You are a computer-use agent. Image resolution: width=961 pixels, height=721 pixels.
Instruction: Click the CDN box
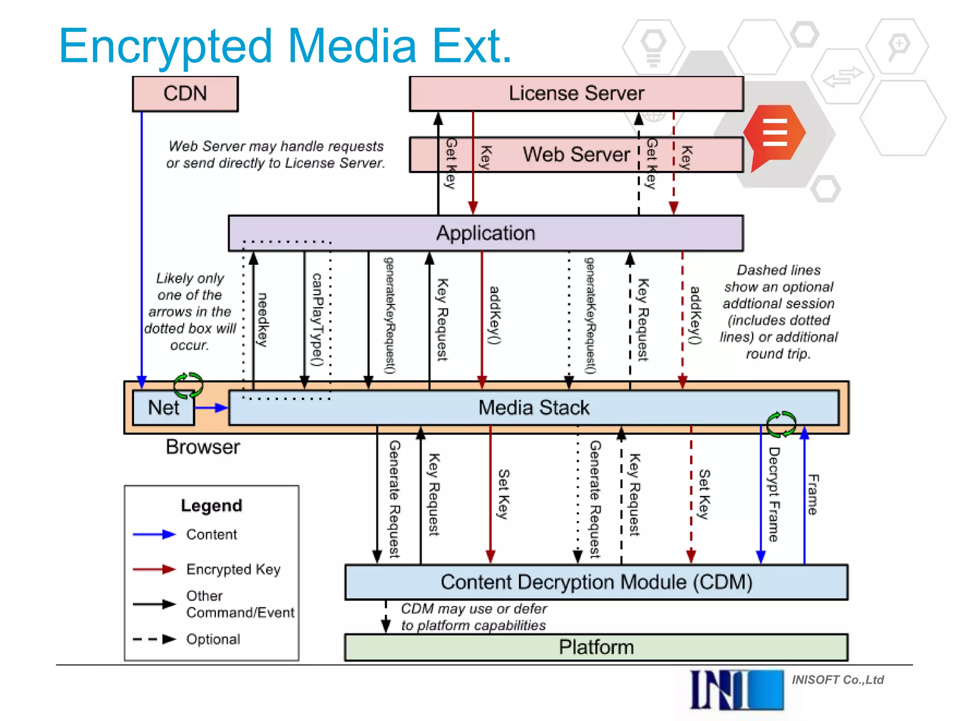pyautogui.click(x=185, y=94)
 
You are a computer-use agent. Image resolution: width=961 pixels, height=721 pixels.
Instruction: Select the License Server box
pyautogui.click(x=576, y=93)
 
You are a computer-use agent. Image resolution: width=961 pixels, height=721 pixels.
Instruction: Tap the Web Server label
pyautogui.click(x=576, y=154)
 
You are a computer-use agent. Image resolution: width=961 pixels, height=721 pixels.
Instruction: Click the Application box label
pyautogui.click(x=486, y=233)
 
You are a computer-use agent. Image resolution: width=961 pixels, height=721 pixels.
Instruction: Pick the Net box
pyautogui.click(x=163, y=407)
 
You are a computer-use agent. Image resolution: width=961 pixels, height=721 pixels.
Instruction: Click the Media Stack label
pyautogui.click(x=534, y=407)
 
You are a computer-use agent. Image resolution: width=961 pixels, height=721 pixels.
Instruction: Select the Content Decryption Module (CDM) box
pyautogui.click(x=596, y=582)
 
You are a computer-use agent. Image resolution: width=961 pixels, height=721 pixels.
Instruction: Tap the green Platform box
pyautogui.click(x=596, y=647)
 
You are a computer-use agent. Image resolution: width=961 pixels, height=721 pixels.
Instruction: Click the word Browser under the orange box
pyautogui.click(x=203, y=447)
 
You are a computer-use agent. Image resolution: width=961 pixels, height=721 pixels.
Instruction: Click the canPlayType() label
pyautogui.click(x=318, y=320)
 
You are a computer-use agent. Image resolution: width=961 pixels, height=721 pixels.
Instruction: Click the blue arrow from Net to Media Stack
pyautogui.click(x=211, y=408)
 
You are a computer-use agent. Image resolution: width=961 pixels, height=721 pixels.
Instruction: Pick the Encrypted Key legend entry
pyautogui.click(x=233, y=569)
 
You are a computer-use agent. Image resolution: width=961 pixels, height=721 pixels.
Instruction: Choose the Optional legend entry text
pyautogui.click(x=213, y=639)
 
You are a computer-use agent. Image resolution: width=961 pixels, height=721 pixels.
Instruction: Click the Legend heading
pyautogui.click(x=212, y=506)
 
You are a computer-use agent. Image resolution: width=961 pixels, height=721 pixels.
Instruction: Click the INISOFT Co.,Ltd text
pyautogui.click(x=838, y=680)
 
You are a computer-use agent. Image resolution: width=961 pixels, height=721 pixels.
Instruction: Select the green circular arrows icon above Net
pyautogui.click(x=188, y=385)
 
